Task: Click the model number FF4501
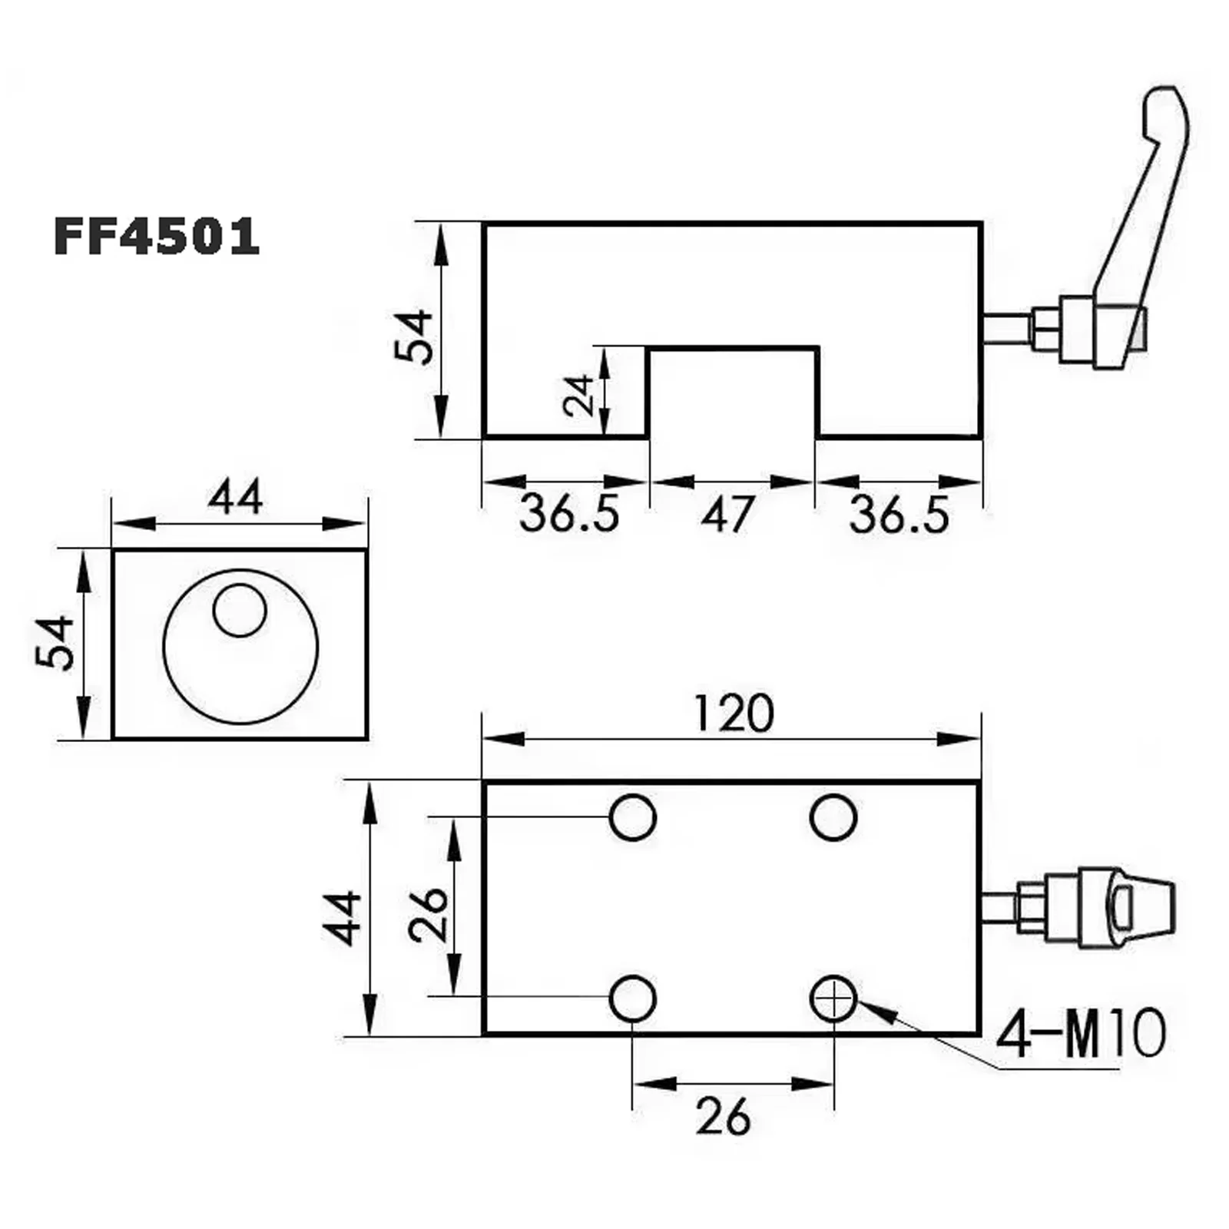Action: point(157,236)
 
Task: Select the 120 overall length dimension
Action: point(734,714)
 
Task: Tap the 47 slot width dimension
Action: point(727,514)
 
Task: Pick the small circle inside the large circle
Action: point(240,611)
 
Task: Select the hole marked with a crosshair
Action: point(833,999)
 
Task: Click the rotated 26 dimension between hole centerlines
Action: point(429,915)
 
